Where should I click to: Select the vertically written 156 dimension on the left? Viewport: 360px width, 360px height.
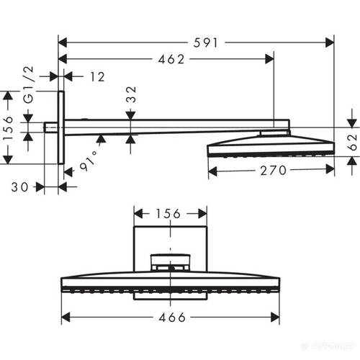[x=9, y=129]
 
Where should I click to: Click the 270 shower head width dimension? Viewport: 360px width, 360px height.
[x=271, y=170]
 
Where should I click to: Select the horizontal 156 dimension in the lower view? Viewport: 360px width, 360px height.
[x=170, y=214]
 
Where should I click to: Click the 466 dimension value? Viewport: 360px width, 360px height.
[x=171, y=317]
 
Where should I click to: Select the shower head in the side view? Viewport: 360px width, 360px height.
[x=270, y=148]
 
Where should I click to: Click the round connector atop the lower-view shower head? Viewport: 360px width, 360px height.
[x=170, y=261]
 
